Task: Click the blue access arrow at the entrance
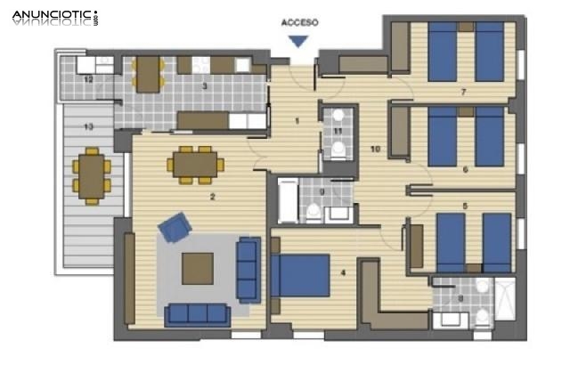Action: [x=299, y=40]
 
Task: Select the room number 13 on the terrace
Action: [x=87, y=127]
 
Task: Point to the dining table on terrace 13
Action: [x=90, y=175]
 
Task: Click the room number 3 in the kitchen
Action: [x=205, y=86]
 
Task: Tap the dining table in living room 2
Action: [x=195, y=164]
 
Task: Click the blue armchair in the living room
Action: [x=175, y=228]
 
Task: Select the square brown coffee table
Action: [x=197, y=267]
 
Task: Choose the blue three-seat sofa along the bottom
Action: [x=197, y=313]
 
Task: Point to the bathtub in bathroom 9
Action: [x=288, y=199]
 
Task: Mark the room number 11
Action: [x=338, y=131]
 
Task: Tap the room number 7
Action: [x=463, y=92]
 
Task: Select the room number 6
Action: [x=465, y=168]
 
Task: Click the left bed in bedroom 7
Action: [x=443, y=51]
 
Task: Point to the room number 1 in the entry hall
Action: [x=298, y=120]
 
